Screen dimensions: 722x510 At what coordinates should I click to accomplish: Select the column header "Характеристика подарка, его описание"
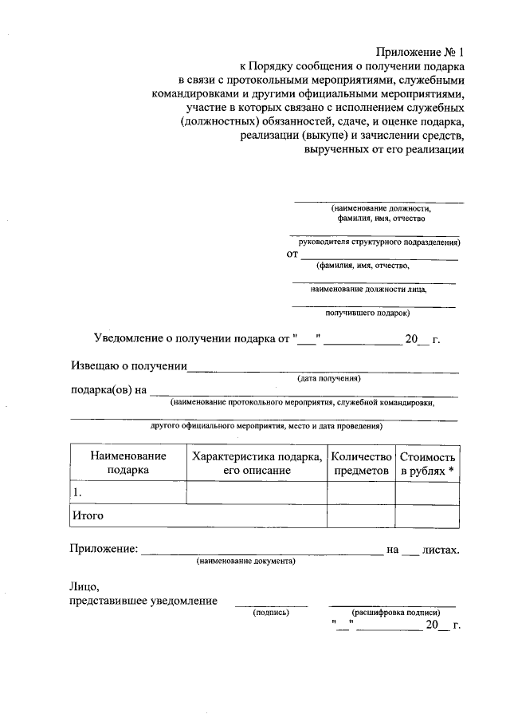click(257, 463)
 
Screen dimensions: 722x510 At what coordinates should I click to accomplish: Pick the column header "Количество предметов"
click(361, 463)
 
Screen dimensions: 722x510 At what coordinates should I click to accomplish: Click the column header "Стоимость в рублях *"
click(427, 463)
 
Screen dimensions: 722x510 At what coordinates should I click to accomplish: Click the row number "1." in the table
click(77, 493)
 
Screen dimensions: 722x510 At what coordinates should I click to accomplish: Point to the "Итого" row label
click(88, 515)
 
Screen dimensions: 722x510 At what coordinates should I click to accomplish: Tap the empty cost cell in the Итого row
click(427, 516)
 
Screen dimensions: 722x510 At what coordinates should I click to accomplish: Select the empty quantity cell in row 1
click(361, 493)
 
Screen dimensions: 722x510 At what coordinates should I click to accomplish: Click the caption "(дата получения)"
click(329, 377)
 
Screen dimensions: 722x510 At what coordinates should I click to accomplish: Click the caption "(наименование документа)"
click(246, 562)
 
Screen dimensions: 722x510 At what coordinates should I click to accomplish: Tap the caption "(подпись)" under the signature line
click(270, 613)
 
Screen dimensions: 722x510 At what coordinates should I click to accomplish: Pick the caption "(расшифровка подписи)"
click(392, 613)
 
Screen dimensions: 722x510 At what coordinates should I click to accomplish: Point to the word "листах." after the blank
click(441, 549)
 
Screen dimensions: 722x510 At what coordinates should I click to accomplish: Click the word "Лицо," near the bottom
click(83, 586)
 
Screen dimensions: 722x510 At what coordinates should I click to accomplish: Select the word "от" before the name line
click(292, 254)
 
